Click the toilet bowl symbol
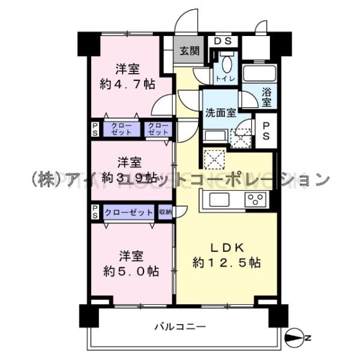227,64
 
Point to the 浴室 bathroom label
266,98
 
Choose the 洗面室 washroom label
220,112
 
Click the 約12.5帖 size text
226,263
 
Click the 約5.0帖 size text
130,271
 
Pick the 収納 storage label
166,212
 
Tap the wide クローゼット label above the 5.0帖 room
128,212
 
